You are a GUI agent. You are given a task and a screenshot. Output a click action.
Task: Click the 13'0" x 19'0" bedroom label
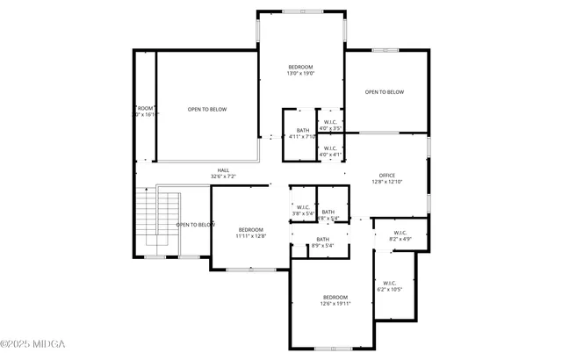click(x=300, y=70)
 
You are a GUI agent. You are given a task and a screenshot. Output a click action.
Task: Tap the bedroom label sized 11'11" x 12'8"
click(x=251, y=233)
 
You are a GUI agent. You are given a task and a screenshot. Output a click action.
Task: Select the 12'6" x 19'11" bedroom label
click(x=335, y=300)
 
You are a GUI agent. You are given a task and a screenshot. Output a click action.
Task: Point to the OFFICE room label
click(x=387, y=176)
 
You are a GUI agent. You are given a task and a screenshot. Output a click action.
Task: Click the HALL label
click(x=223, y=170)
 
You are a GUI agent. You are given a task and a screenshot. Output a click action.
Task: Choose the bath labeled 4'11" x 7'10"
click(x=302, y=133)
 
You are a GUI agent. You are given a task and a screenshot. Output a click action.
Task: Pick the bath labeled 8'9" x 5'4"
click(x=323, y=242)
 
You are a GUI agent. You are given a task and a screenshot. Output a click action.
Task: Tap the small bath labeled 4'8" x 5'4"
click(x=328, y=214)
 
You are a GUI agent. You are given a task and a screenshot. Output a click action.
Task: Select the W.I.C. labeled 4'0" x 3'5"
click(x=330, y=125)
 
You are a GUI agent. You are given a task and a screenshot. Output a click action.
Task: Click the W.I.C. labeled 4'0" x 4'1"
click(x=330, y=151)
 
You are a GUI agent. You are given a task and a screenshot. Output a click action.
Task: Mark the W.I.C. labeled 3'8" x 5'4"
click(x=303, y=211)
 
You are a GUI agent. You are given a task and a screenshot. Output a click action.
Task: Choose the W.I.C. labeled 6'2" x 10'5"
click(x=389, y=285)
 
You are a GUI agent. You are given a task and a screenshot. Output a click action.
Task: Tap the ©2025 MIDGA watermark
click(x=33, y=343)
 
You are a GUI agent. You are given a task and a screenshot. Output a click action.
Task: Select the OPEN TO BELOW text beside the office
click(x=385, y=92)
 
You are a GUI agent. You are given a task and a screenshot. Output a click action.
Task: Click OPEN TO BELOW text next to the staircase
click(x=196, y=225)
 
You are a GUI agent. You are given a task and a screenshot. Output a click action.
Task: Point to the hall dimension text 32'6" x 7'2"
click(x=223, y=176)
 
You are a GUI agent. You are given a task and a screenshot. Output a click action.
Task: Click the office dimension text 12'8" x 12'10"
click(x=387, y=182)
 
